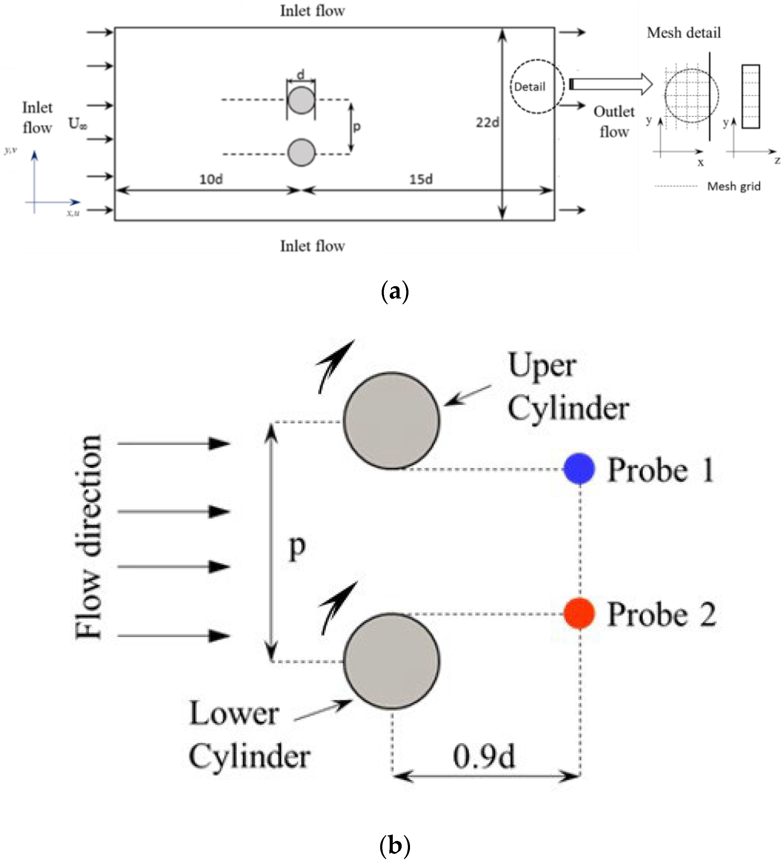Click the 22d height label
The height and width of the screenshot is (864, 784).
pyautogui.click(x=487, y=122)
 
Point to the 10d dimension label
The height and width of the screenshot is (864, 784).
pyautogui.click(x=211, y=179)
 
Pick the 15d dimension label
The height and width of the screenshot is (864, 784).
pyautogui.click(x=421, y=179)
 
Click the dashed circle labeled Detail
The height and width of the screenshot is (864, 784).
pyautogui.click(x=531, y=86)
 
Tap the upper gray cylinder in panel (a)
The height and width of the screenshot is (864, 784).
pyautogui.click(x=301, y=100)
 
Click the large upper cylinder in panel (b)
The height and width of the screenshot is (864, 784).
pyautogui.click(x=391, y=420)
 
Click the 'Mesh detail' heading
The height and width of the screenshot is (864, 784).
pyautogui.click(x=683, y=33)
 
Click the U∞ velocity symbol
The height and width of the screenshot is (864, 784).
pyautogui.click(x=78, y=124)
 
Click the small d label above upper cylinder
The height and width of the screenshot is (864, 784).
pyautogui.click(x=301, y=74)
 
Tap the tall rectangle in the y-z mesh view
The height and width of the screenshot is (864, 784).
pyautogui.click(x=750, y=96)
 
